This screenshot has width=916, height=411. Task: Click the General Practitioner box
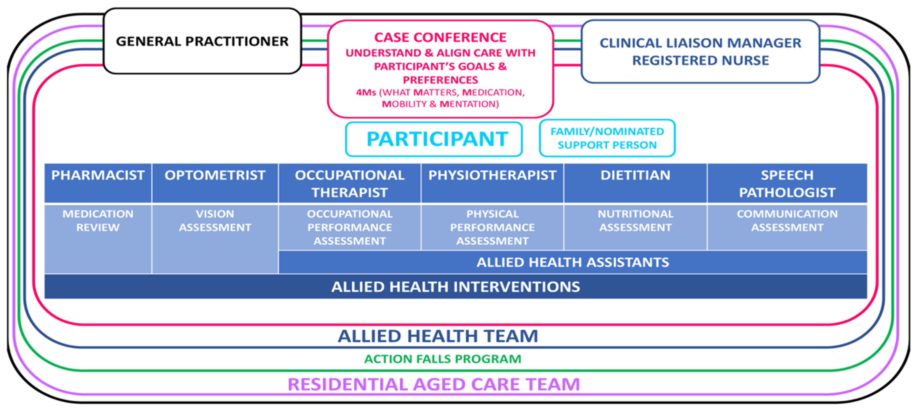[202, 41]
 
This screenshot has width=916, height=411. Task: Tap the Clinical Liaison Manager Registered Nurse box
[700, 52]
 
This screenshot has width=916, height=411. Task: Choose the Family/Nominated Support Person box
[607, 138]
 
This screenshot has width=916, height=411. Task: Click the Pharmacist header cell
[98, 183]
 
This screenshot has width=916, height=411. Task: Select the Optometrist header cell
[215, 183]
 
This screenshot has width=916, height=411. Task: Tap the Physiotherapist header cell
[492, 183]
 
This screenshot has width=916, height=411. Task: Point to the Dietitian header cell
[635, 183]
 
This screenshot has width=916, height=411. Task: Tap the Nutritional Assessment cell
[635, 227]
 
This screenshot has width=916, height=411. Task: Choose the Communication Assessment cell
[787, 227]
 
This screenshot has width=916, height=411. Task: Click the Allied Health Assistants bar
[572, 262]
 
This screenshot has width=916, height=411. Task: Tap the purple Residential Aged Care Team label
[433, 384]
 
